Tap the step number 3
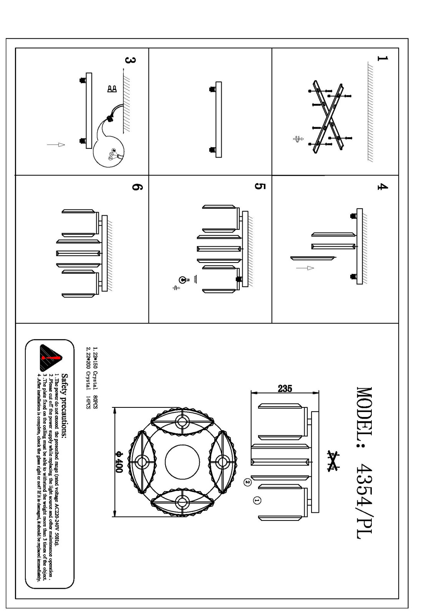pos(131,61)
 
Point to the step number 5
pos(259,186)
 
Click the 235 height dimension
pos(285,389)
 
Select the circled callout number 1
pos(257,500)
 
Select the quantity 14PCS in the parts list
pos(88,402)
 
